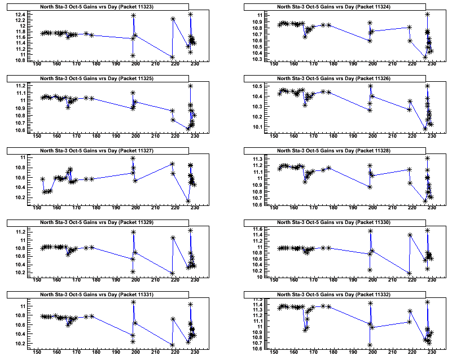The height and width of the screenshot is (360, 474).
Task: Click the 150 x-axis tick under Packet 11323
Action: click(x=37, y=64)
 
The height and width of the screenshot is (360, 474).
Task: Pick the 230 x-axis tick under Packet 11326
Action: click(x=432, y=136)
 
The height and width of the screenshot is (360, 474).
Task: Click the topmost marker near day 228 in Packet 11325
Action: click(x=191, y=86)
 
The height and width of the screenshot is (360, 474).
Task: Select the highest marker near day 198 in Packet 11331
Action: click(x=133, y=302)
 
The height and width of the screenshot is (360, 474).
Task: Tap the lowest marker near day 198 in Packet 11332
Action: click(x=370, y=345)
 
